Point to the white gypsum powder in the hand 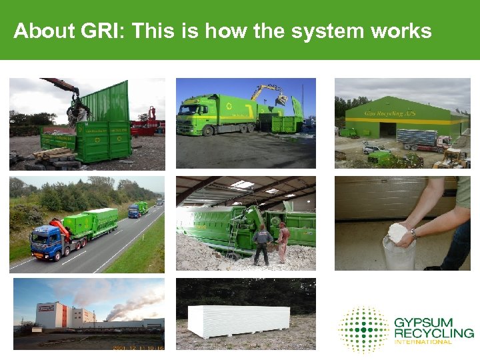coord(398,232)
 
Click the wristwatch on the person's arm coord(414,233)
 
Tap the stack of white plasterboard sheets coord(239,321)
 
